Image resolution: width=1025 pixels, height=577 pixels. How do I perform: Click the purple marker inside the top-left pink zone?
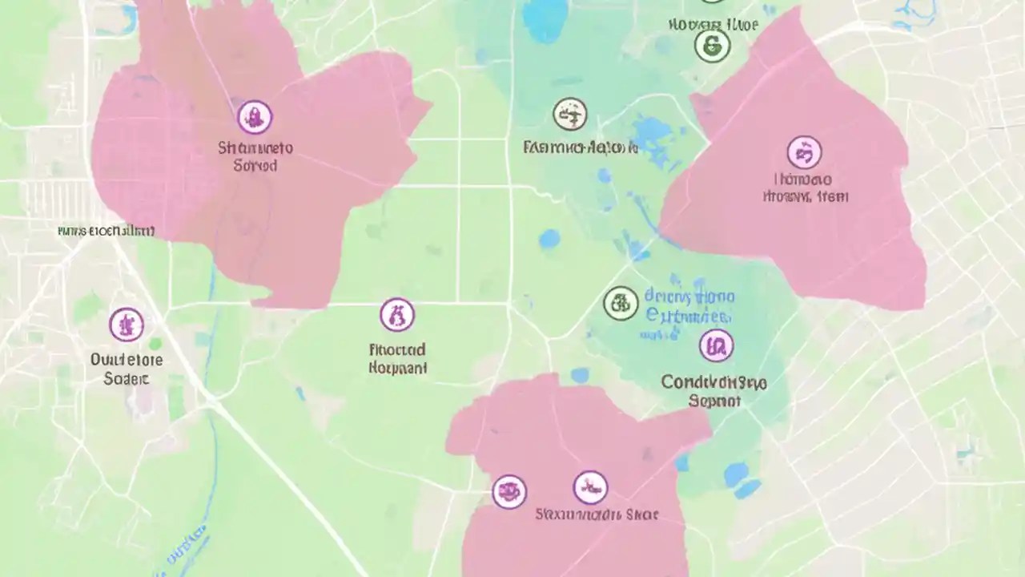coord(255,117)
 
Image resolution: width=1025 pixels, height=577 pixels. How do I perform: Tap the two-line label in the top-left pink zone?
coord(255,157)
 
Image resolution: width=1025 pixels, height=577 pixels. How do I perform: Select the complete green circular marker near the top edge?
coord(712,46)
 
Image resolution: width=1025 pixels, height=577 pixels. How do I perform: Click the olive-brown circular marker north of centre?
coord(569,115)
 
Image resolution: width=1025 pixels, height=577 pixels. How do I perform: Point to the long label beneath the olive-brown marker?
coord(581,147)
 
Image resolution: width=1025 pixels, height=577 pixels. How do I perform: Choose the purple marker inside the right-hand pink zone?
coord(804,152)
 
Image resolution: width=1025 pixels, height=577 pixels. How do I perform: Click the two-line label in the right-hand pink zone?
coord(805,188)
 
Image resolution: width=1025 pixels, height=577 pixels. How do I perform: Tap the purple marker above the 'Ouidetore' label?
coord(127,325)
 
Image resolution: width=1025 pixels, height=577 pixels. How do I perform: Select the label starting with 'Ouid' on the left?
coord(127,368)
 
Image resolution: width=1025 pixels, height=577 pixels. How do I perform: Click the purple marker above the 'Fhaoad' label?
coord(397,315)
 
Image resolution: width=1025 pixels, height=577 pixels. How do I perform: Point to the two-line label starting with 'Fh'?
coord(398,359)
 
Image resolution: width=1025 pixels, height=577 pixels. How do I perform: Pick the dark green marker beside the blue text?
coord(621,303)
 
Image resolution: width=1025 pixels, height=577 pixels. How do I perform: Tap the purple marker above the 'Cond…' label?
coord(716,345)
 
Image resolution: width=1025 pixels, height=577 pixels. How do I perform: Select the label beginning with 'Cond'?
coord(714,391)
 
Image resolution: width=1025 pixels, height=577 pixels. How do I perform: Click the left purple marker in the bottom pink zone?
coord(509,490)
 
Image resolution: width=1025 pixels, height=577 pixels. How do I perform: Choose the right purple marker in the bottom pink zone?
coord(590,487)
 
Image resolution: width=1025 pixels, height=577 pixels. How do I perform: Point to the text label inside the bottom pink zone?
coord(597,514)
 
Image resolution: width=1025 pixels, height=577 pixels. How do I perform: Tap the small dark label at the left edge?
coord(106,232)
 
